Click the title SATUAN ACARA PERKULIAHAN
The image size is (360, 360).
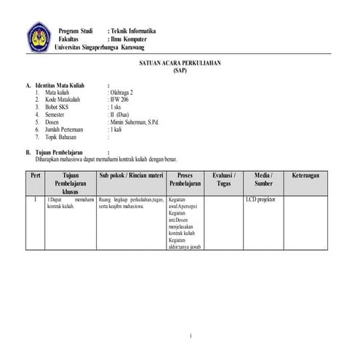click(180, 63)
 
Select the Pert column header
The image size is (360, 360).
click(35, 176)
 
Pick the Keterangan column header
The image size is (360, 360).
click(307, 176)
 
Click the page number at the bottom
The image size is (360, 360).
click(190, 336)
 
